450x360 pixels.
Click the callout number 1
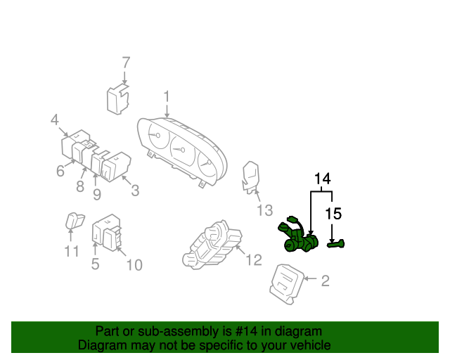tap(167, 96)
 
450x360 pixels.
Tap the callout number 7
tap(126, 62)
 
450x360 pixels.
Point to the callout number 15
tap(333, 212)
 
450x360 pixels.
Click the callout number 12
tap(253, 260)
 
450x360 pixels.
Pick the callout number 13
tap(263, 210)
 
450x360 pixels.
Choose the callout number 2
tap(325, 283)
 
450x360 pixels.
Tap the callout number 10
tap(134, 264)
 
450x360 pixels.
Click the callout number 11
tap(72, 251)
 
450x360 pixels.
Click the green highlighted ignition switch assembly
tap(301, 238)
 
